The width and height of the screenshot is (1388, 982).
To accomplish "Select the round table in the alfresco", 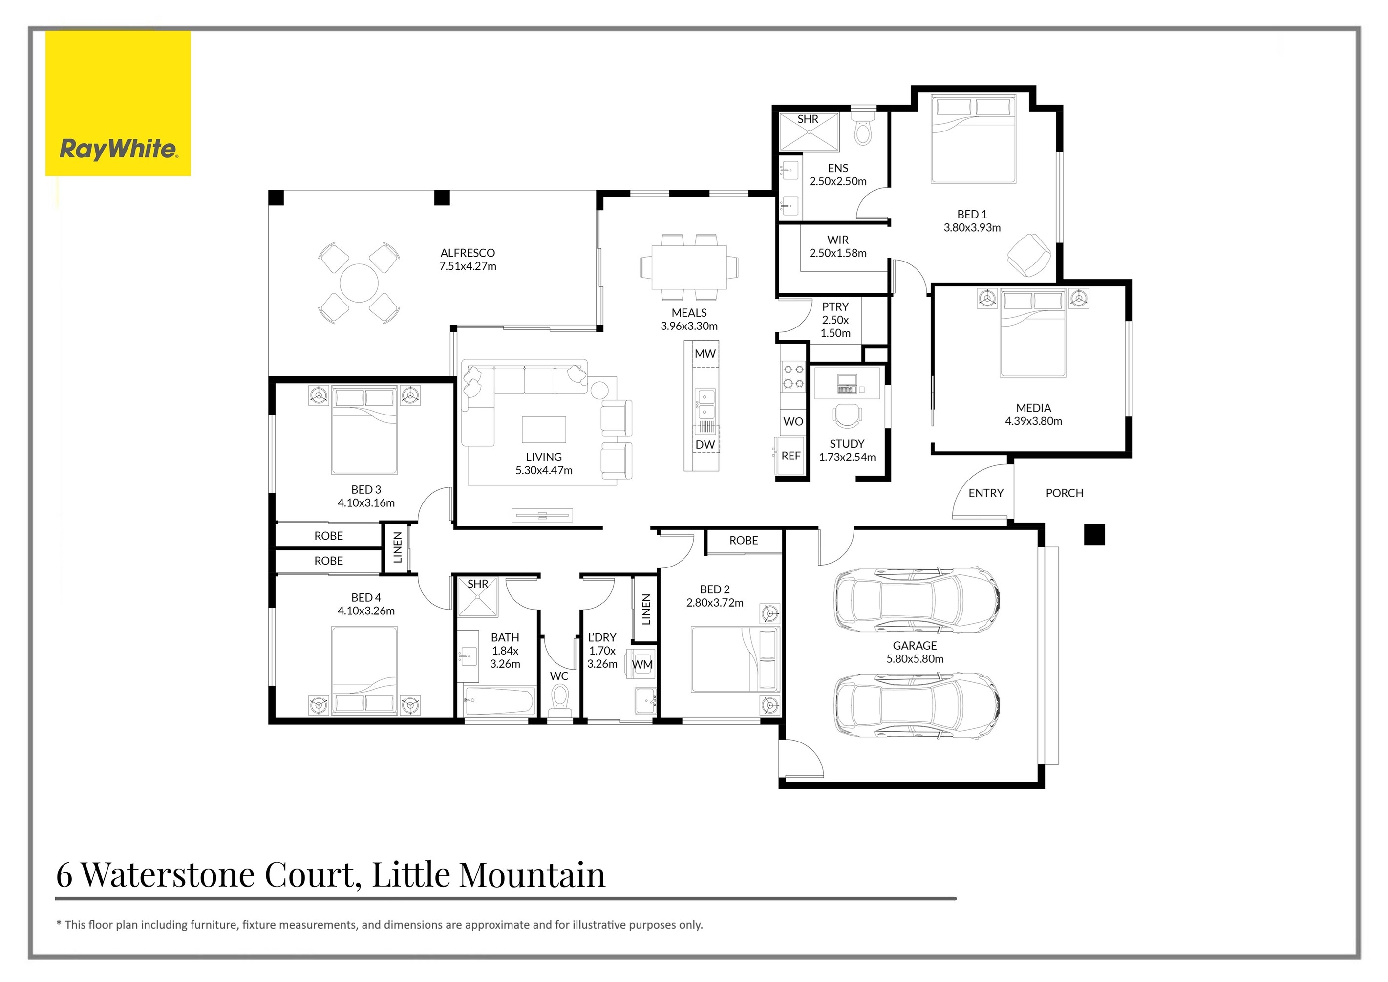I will point(359,283).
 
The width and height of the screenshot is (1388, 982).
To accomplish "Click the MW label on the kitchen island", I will point(705,354).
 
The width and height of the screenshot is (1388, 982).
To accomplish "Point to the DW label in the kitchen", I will point(705,444).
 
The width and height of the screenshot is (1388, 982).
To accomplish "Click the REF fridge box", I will point(790,456).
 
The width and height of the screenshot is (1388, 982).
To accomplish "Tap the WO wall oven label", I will point(793,421).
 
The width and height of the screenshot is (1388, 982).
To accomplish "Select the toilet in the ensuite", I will point(863,129).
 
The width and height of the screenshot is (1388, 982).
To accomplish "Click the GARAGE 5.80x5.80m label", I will point(915,653).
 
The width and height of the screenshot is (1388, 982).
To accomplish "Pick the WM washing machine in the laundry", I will point(642,664).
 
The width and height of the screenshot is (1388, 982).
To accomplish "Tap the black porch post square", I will point(1094,535).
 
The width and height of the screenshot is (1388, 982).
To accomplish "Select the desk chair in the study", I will point(848,415).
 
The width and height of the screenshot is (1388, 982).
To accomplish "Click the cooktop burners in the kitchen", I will point(793,376).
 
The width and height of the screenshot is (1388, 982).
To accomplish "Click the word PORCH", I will point(1064,493).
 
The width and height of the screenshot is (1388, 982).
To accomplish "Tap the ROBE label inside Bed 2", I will point(744,541).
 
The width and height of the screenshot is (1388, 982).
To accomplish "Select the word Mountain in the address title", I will point(532,874).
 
